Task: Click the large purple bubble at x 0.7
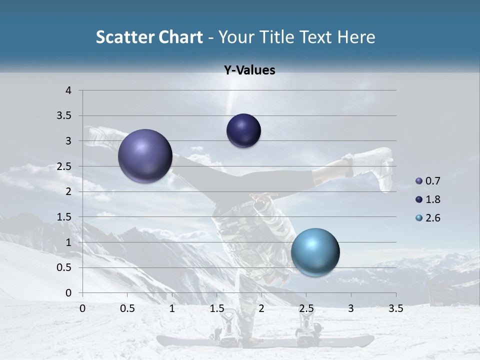click(x=145, y=156)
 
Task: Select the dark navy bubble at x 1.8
click(x=243, y=131)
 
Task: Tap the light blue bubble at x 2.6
click(x=315, y=252)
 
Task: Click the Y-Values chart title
click(x=249, y=70)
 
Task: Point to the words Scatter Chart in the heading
click(x=149, y=37)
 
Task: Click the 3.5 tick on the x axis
click(x=395, y=308)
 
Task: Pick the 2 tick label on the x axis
click(x=261, y=308)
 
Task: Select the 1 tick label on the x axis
click(x=172, y=308)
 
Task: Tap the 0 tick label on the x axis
click(x=82, y=308)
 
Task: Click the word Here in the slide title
click(x=356, y=37)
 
